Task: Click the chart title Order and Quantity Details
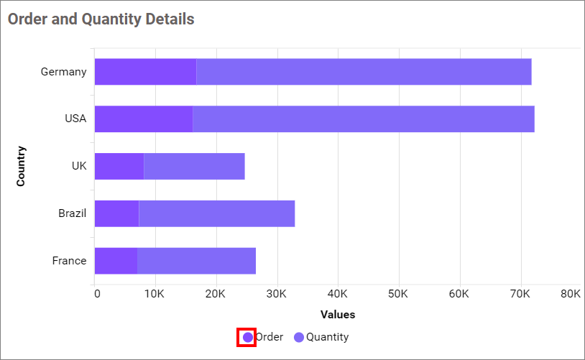coord(101,19)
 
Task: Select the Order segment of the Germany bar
coord(145,72)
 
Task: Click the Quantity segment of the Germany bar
coord(364,72)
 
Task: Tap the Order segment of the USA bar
coord(144,119)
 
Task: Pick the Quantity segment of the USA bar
coord(364,119)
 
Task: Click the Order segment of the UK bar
coord(119,166)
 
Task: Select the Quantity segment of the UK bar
coord(194,166)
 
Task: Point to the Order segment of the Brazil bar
coord(116,213)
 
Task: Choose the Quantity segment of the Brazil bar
coord(216,213)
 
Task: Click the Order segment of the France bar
coord(116,260)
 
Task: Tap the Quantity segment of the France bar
coord(196,260)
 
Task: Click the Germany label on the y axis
coord(63,72)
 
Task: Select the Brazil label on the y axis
coord(72,213)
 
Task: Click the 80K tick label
coord(571,294)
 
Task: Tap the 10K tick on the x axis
coord(156,294)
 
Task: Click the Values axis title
coord(338,315)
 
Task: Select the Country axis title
coord(21,166)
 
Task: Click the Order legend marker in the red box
coord(247,337)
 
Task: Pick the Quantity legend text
coord(328,337)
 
